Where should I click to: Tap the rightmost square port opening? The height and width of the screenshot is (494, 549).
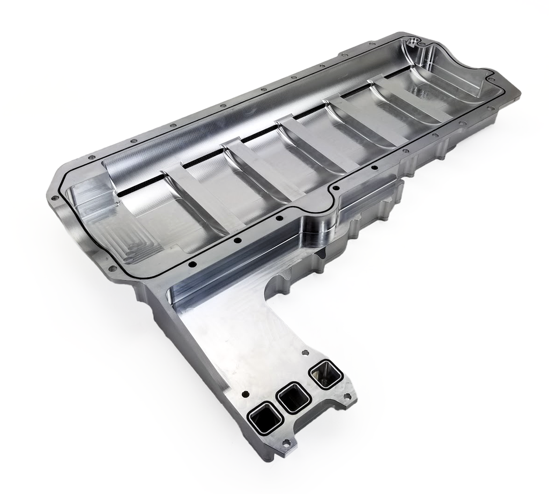click(325, 373)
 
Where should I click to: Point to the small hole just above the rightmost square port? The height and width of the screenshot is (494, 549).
click(305, 353)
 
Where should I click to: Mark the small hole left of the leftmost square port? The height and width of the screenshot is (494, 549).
click(246, 394)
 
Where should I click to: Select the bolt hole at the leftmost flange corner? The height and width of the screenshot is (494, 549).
click(54, 198)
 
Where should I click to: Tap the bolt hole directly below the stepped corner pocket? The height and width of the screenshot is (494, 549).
click(112, 268)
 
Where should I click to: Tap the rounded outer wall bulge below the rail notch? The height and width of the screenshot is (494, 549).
click(322, 225)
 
